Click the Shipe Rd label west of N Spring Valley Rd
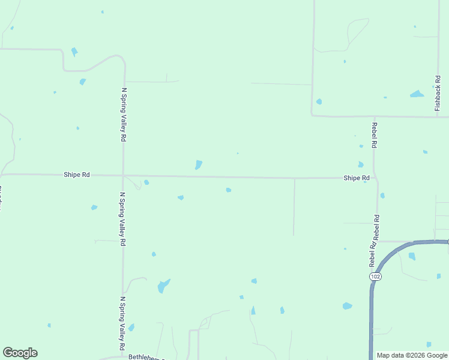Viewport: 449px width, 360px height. tap(77, 175)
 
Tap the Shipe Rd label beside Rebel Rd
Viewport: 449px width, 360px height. tap(356, 178)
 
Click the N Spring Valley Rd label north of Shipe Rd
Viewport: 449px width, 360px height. tap(124, 115)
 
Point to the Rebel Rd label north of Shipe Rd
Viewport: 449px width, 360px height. tap(375, 135)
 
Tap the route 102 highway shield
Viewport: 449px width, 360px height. tap(375, 276)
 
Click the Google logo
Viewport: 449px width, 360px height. tap(20, 353)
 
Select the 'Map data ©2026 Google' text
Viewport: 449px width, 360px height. tap(412, 355)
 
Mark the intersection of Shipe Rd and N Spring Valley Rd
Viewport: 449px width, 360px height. tap(123, 175)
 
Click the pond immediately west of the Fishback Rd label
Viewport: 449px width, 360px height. tap(417, 94)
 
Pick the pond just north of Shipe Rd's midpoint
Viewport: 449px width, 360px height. tap(198, 164)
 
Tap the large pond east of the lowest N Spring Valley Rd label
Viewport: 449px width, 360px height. tap(163, 286)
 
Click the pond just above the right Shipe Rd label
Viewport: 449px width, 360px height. tap(360, 164)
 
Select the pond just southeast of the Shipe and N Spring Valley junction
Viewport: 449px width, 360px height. tap(146, 182)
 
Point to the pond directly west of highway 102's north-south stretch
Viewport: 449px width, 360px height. tap(347, 306)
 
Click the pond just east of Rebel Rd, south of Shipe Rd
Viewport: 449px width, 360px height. tap(382, 196)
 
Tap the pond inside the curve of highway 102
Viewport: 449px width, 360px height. tap(412, 256)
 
